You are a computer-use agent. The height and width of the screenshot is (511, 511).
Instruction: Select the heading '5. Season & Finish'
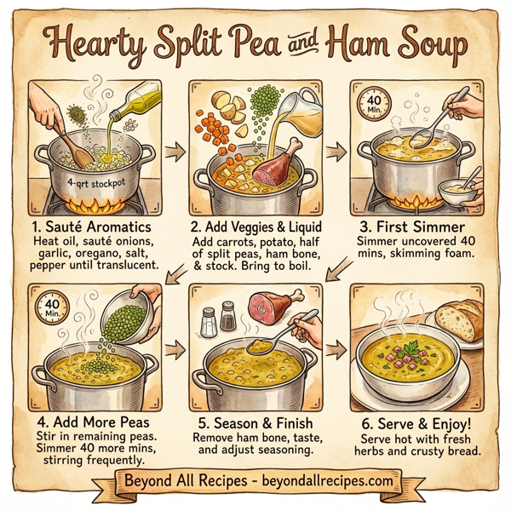[256, 422]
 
